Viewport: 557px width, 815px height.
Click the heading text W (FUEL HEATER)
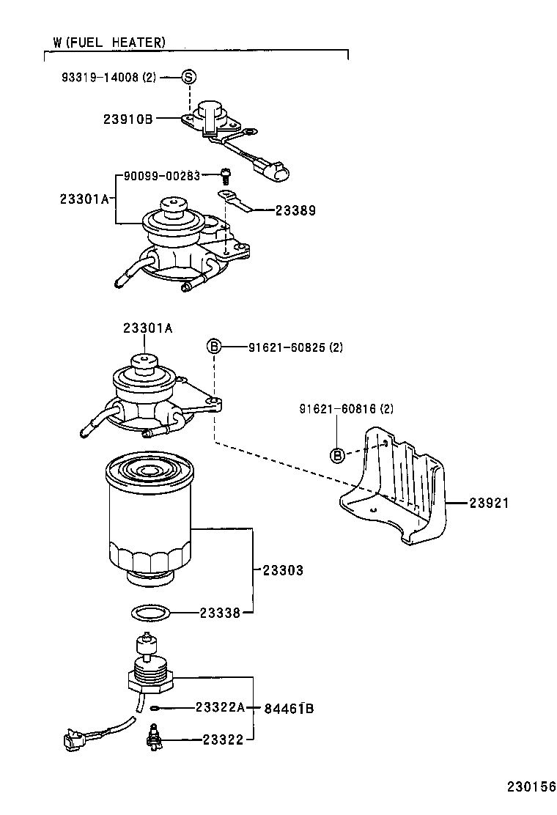[x=108, y=43]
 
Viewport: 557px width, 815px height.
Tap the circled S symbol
[x=189, y=77]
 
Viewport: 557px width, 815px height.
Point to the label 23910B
[x=128, y=118]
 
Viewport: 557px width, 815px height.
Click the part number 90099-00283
[x=161, y=176]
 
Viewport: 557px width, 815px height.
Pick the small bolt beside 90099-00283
[x=225, y=176]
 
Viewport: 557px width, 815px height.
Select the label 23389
[x=295, y=210]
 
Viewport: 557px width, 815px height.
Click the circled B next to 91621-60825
[x=213, y=346]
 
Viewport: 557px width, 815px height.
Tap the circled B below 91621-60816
[x=337, y=455]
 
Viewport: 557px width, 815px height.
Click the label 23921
[x=489, y=504]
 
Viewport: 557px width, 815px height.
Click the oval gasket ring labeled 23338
[x=152, y=613]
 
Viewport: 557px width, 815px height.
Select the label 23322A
[x=220, y=707]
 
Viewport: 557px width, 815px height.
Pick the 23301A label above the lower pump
[x=147, y=329]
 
